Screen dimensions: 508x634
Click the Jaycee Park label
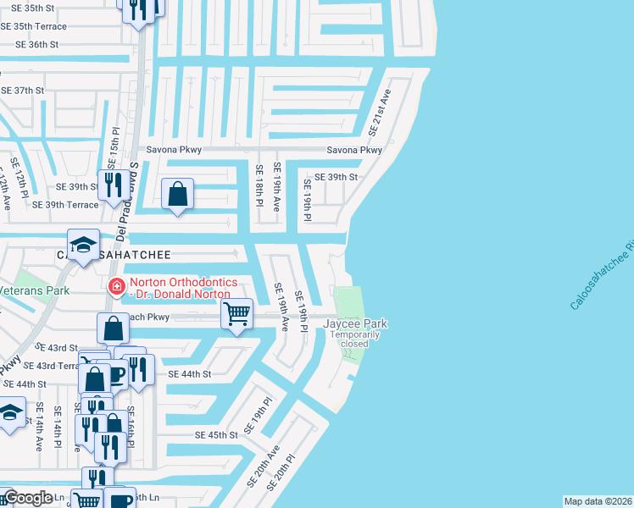[x=354, y=323]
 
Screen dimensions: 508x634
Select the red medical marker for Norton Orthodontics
[x=114, y=287]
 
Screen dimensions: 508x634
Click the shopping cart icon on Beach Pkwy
[x=237, y=313]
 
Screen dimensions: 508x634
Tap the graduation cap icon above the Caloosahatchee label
[x=84, y=246]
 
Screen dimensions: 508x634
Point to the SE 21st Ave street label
[x=379, y=112]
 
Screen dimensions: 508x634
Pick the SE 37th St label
[x=23, y=90]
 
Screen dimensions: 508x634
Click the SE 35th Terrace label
[x=34, y=26]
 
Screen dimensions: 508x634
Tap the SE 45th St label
[x=217, y=434]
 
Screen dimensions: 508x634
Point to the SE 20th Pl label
[x=282, y=472]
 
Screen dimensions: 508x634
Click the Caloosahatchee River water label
[x=602, y=275]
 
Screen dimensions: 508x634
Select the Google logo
[x=28, y=498]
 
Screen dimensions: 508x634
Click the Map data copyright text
[x=598, y=501]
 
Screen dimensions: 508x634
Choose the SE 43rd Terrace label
[x=51, y=365]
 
